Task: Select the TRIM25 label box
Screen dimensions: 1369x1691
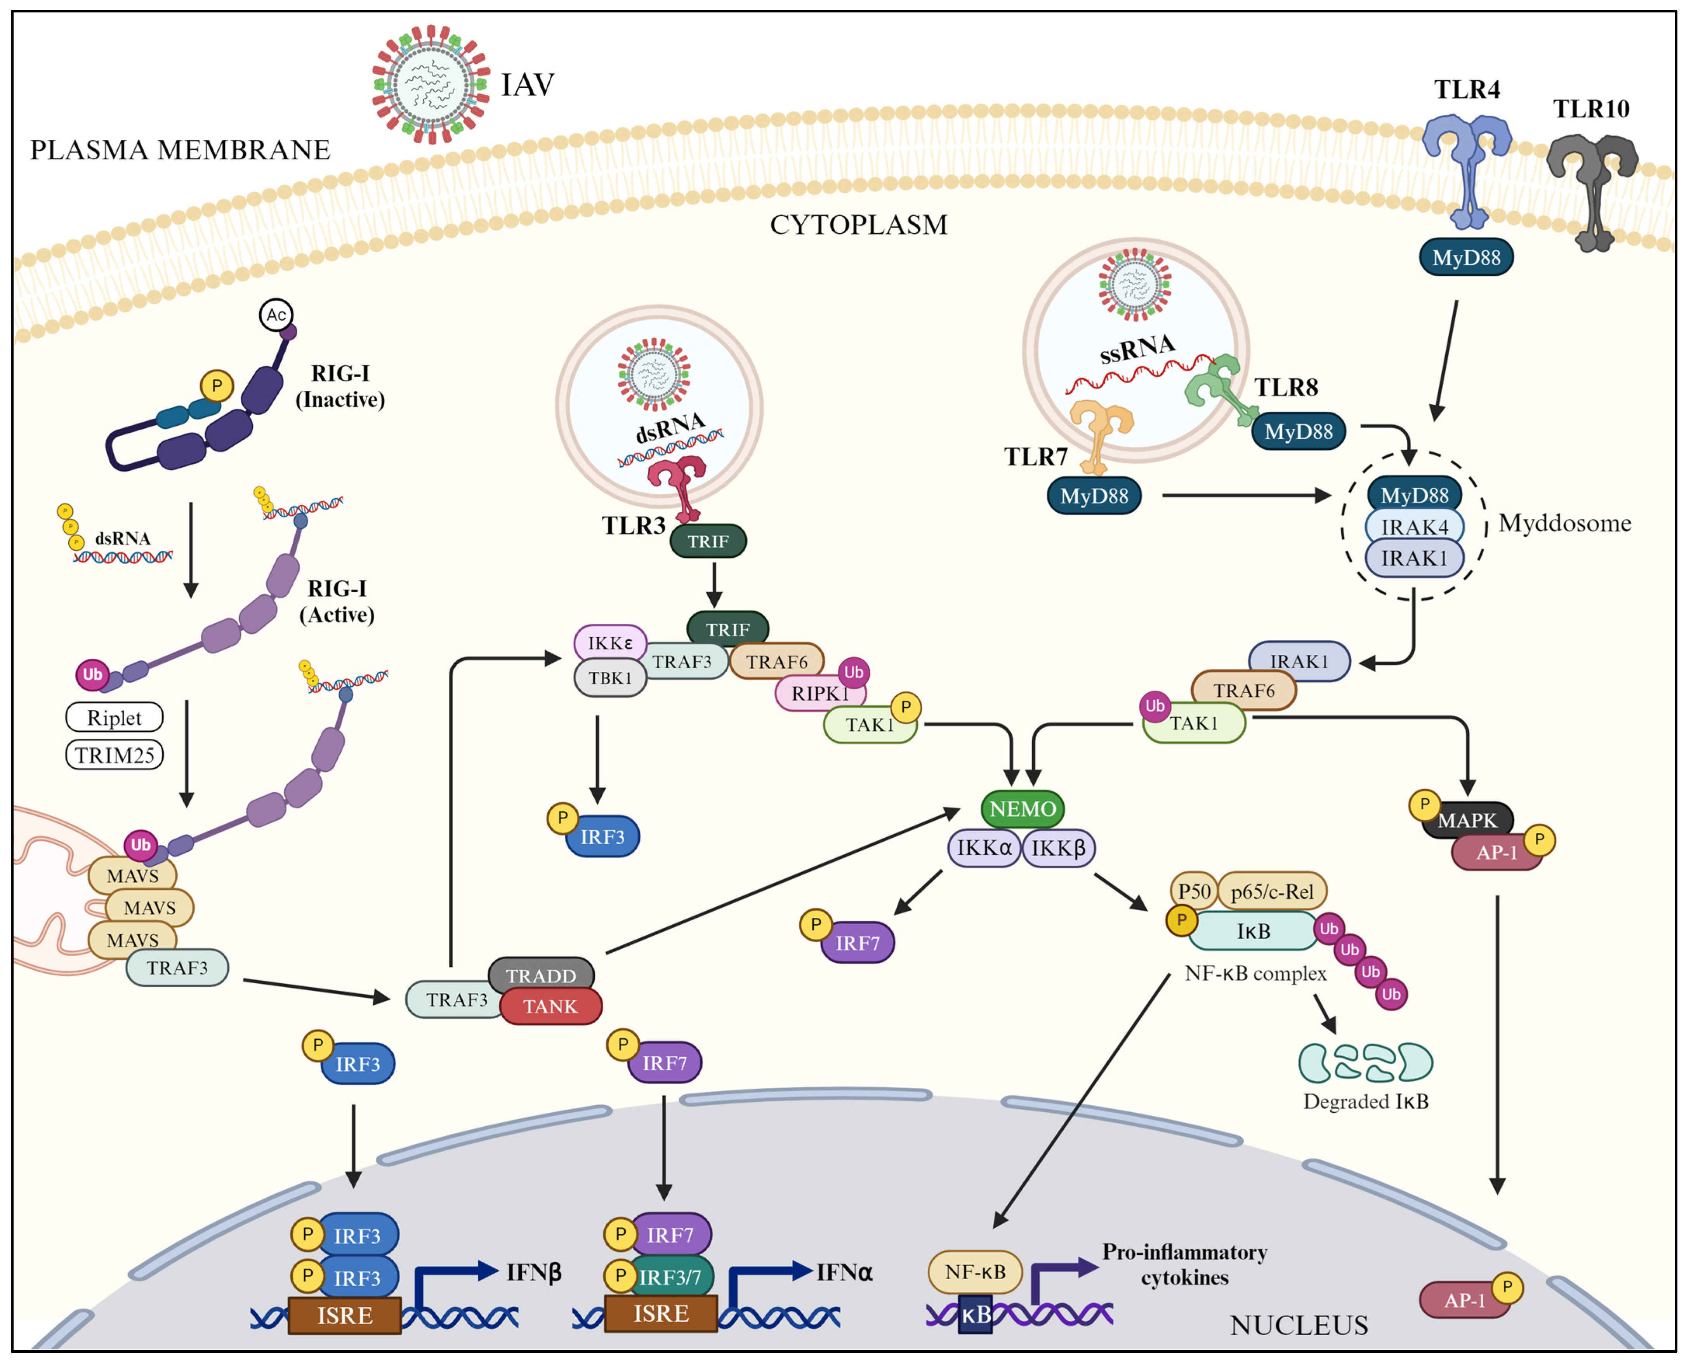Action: tap(114, 755)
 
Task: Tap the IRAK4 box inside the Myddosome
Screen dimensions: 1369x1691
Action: tap(1414, 527)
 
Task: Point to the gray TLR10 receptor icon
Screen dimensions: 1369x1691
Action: tap(1592, 189)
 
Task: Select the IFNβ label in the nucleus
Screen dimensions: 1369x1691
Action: tap(534, 1272)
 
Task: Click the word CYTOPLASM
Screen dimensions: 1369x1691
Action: tap(859, 225)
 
